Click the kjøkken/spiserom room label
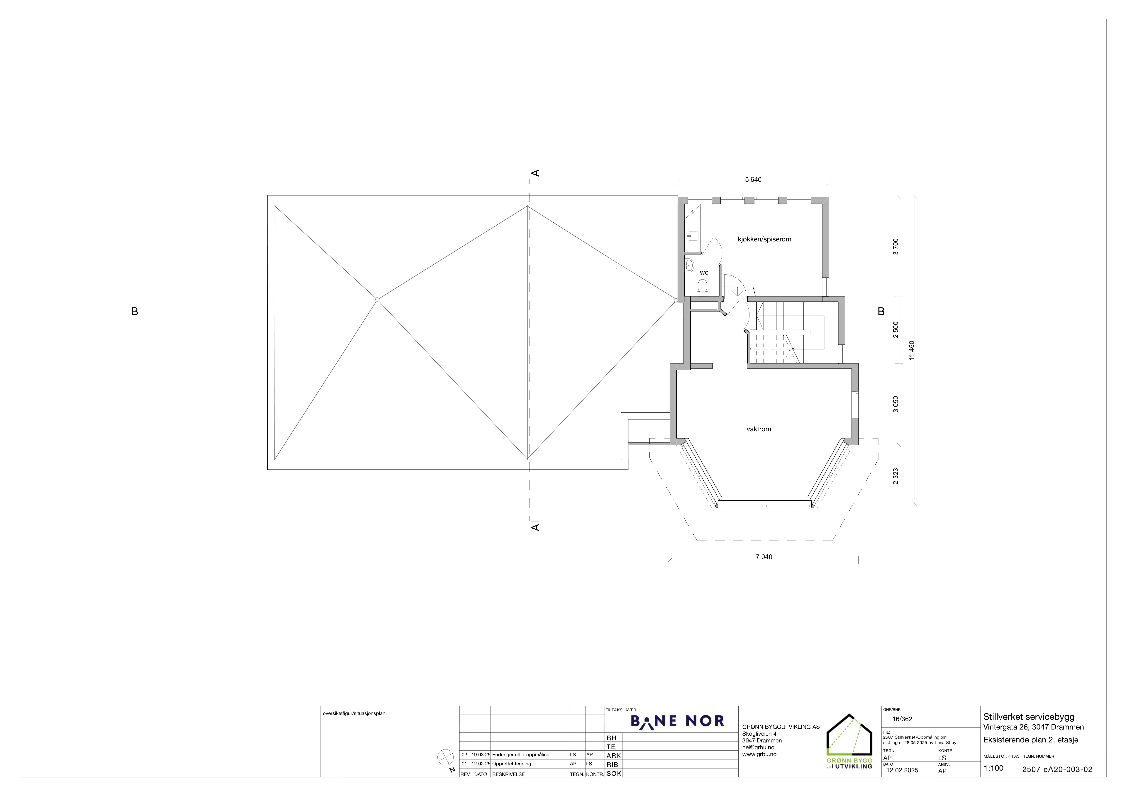pos(764,239)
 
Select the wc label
pos(704,273)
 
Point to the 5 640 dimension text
pos(753,179)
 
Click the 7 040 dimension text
pos(764,557)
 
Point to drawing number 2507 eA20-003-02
pos(1057,769)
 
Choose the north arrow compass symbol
pos(445,757)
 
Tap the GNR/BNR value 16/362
pos(902,719)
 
